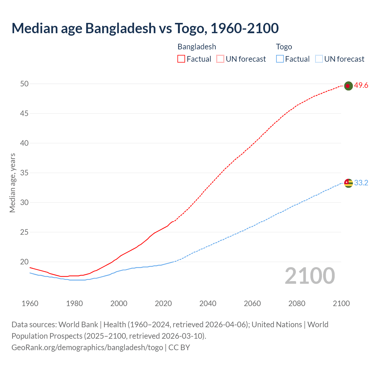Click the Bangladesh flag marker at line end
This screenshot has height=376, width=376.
(348, 86)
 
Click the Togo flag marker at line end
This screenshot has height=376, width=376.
(348, 183)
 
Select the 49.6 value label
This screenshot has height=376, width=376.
(361, 85)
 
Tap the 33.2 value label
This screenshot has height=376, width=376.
(361, 183)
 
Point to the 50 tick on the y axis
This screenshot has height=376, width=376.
(24, 84)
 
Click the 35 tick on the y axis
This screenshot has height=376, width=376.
(24, 173)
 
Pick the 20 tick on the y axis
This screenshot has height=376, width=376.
(24, 262)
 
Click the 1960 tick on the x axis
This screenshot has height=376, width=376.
(30, 303)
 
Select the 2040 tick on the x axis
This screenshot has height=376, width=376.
(208, 303)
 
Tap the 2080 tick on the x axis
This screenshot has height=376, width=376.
(297, 303)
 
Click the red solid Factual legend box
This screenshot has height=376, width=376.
(181, 59)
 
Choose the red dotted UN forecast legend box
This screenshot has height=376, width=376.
(220, 59)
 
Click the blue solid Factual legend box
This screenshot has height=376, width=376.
(280, 59)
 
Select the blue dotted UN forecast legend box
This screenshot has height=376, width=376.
(319, 59)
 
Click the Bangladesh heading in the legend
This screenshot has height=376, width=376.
(197, 47)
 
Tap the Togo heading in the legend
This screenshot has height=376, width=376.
(284, 47)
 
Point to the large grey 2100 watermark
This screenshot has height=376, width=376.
(310, 276)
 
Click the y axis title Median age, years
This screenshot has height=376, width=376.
(12, 183)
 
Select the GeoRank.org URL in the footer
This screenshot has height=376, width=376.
(87, 348)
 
